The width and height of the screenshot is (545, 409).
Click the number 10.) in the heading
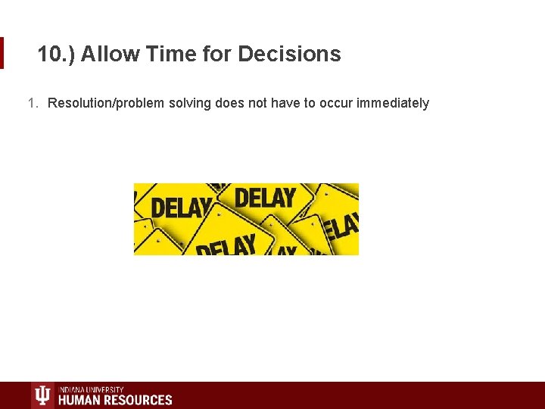[x=57, y=55]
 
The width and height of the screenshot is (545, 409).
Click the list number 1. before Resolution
[x=33, y=103]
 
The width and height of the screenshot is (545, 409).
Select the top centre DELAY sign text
[x=264, y=198]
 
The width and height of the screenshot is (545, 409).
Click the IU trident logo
[x=43, y=396]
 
